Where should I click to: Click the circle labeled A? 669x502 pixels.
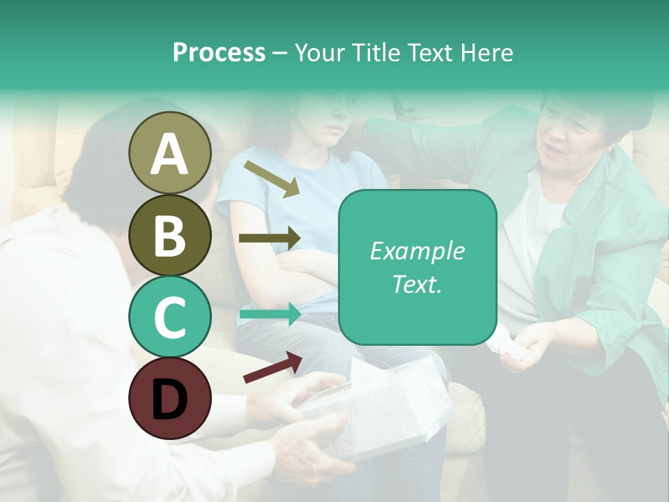click(x=169, y=153)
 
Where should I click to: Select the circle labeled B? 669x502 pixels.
click(x=169, y=235)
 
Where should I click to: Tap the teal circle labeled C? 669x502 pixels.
click(x=169, y=317)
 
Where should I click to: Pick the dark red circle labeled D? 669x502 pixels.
click(x=169, y=398)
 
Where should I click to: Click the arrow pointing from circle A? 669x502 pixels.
click(x=271, y=178)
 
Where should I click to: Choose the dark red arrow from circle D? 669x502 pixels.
click(x=272, y=367)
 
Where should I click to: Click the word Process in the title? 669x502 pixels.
click(x=219, y=52)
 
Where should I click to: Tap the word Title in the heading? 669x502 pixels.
click(x=369, y=52)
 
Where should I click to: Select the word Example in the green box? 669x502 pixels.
click(x=417, y=251)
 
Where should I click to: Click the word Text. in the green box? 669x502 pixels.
click(x=417, y=284)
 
